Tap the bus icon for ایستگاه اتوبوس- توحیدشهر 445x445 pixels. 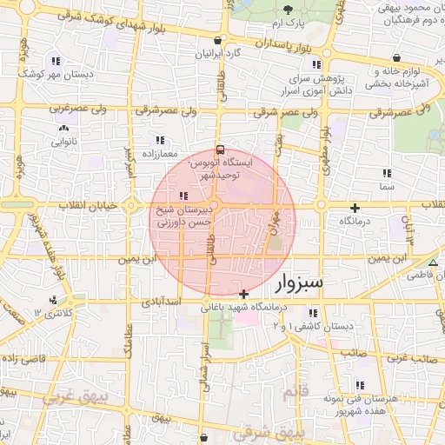[x=219, y=149]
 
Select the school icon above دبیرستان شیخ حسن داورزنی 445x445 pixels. [x=182, y=196]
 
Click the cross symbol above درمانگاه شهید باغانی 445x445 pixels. [x=244, y=294]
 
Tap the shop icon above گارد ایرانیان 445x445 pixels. [x=216, y=40]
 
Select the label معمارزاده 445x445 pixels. [x=161, y=153]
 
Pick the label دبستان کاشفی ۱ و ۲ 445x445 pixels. [x=315, y=325]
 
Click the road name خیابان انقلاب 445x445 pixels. [x=88, y=206]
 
